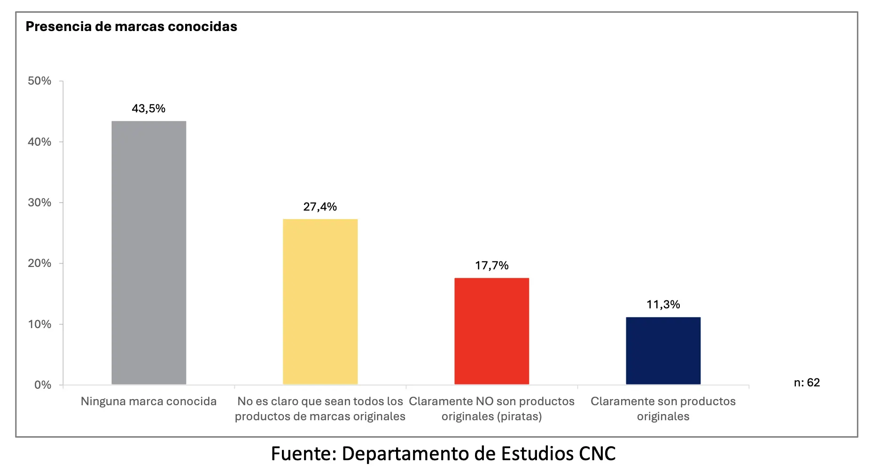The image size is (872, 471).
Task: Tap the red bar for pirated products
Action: [x=491, y=331]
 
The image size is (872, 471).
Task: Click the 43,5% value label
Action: [x=148, y=109]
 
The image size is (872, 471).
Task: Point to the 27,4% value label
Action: [x=320, y=207]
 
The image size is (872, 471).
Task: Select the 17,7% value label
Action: [x=491, y=266]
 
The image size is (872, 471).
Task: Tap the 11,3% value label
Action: [x=663, y=305]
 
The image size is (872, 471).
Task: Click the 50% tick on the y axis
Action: [x=39, y=81]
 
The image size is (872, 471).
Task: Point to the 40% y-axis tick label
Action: [x=39, y=142]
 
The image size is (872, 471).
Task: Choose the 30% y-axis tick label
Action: [x=39, y=203]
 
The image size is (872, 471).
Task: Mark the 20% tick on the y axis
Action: [x=39, y=263]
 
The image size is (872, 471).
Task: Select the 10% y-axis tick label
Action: [x=39, y=324]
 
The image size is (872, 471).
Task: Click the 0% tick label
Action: [x=42, y=385]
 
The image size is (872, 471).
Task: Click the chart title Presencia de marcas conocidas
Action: [x=131, y=27]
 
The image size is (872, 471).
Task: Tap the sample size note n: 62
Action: [x=807, y=383]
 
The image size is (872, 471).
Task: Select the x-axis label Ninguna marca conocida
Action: [x=148, y=401]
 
